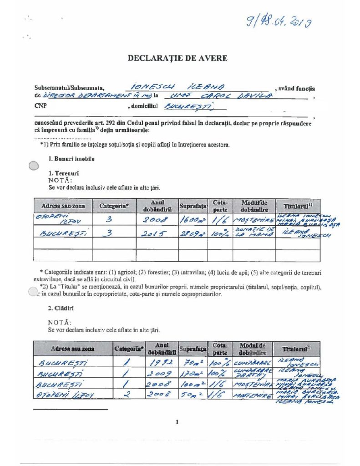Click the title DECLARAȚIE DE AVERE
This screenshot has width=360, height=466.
pyautogui.click(x=177, y=58)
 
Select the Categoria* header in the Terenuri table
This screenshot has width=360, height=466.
pyautogui.click(x=114, y=206)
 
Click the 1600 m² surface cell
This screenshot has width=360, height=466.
pyautogui.click(x=193, y=220)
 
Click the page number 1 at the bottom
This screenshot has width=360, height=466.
pyautogui.click(x=177, y=422)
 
